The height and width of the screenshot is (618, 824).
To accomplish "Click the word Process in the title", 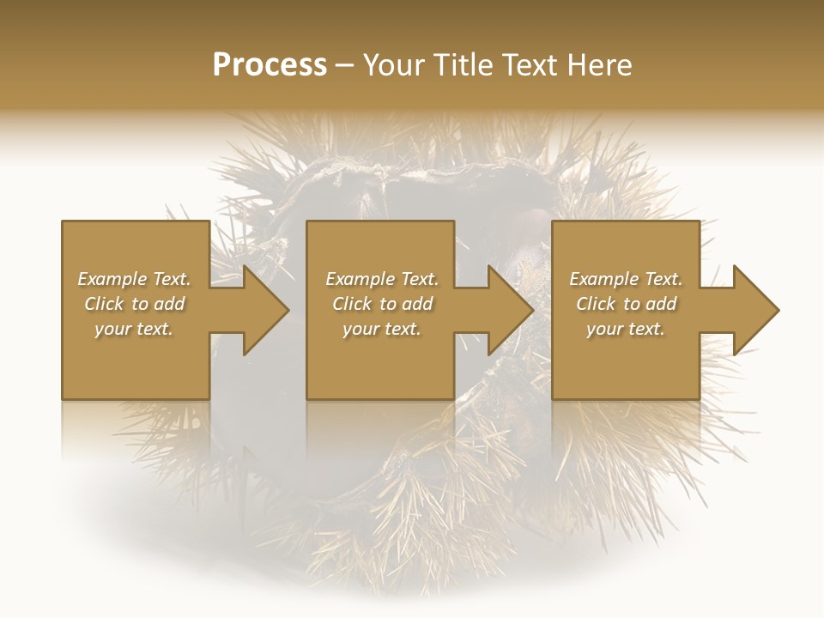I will [270, 65].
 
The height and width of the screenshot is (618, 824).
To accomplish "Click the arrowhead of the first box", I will [262, 310].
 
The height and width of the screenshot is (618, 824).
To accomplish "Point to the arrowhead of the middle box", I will [506, 310].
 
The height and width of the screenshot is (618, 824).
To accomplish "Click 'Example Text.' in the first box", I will [134, 279].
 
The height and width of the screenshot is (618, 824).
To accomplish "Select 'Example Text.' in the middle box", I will [381, 279].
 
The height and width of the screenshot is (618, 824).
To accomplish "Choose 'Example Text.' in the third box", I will [626, 279].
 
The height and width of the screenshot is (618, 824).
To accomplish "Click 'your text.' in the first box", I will [134, 329].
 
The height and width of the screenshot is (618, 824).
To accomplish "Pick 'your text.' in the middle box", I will [381, 329].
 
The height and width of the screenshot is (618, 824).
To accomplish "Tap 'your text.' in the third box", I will [626, 329].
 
